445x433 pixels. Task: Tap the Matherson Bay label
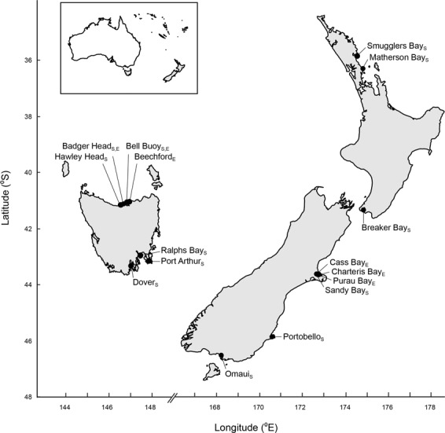coord(401,58)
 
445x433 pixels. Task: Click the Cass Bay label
coord(351,262)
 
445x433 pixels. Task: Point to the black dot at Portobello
coord(273,336)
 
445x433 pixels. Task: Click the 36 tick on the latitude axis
coord(39,61)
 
